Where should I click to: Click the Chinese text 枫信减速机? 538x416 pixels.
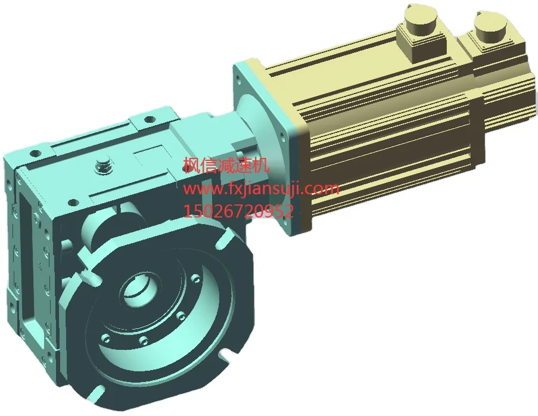click(x=226, y=165)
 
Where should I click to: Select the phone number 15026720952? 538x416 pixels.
click(x=239, y=211)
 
